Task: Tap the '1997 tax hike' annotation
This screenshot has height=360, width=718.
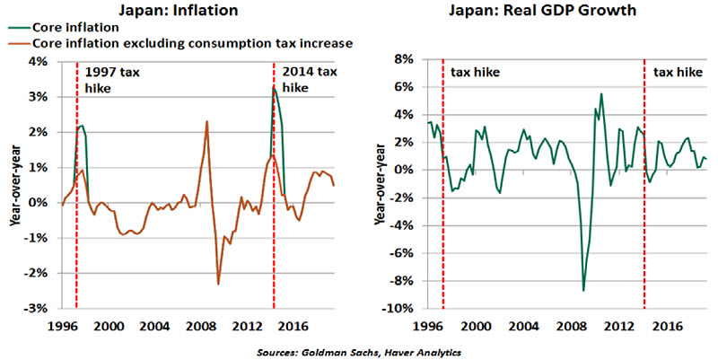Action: click(x=107, y=81)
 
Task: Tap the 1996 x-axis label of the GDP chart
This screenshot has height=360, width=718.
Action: click(x=428, y=325)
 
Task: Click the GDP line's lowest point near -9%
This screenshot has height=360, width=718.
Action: click(x=583, y=290)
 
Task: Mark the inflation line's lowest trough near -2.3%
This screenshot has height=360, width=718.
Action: click(x=217, y=284)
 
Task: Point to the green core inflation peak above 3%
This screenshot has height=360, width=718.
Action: click(x=274, y=87)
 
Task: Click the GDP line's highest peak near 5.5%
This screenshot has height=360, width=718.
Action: click(x=601, y=93)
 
